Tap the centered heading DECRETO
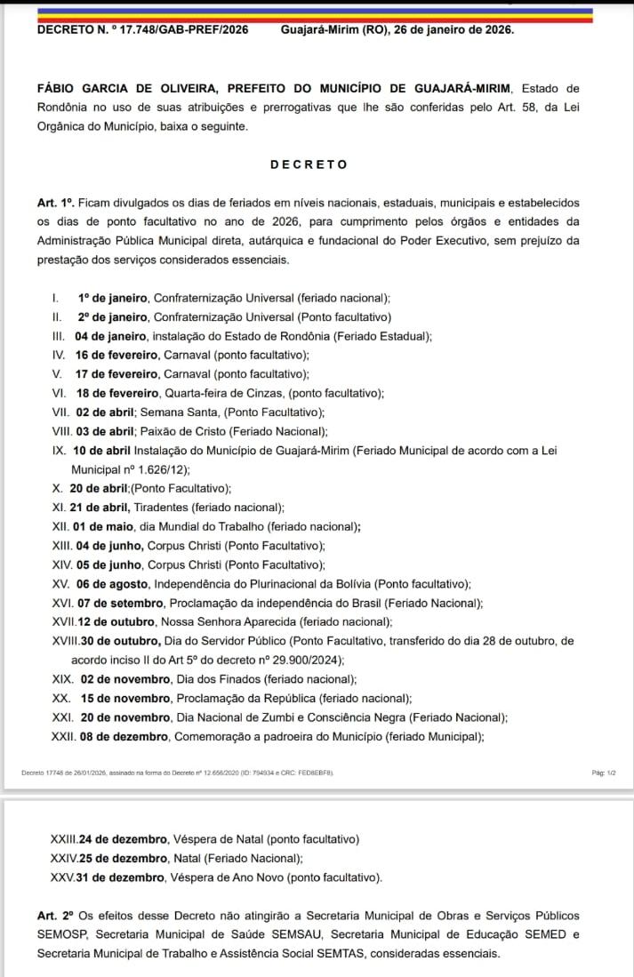point(309,164)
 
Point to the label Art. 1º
point(53,203)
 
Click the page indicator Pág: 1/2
point(603,773)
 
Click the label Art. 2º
point(54,916)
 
